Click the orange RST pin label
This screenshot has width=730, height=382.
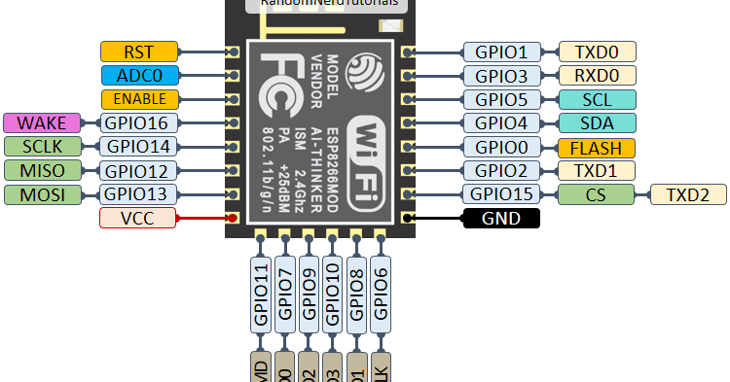point(139,52)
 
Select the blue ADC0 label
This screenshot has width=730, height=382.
point(139,75)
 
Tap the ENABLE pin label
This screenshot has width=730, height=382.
point(139,99)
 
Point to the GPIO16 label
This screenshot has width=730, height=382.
point(138,122)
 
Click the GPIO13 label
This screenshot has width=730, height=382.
point(138,193)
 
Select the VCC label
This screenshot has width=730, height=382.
point(138,218)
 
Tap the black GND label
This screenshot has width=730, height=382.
point(500,218)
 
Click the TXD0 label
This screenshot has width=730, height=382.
point(597,52)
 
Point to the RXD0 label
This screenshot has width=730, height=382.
point(597,75)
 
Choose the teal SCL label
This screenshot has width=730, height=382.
point(597,99)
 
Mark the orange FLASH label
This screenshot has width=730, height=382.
point(597,147)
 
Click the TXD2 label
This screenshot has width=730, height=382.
point(687,193)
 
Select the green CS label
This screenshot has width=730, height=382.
point(597,193)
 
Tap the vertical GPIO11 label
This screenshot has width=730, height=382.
point(261,293)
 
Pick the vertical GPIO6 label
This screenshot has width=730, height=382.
point(381,293)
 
